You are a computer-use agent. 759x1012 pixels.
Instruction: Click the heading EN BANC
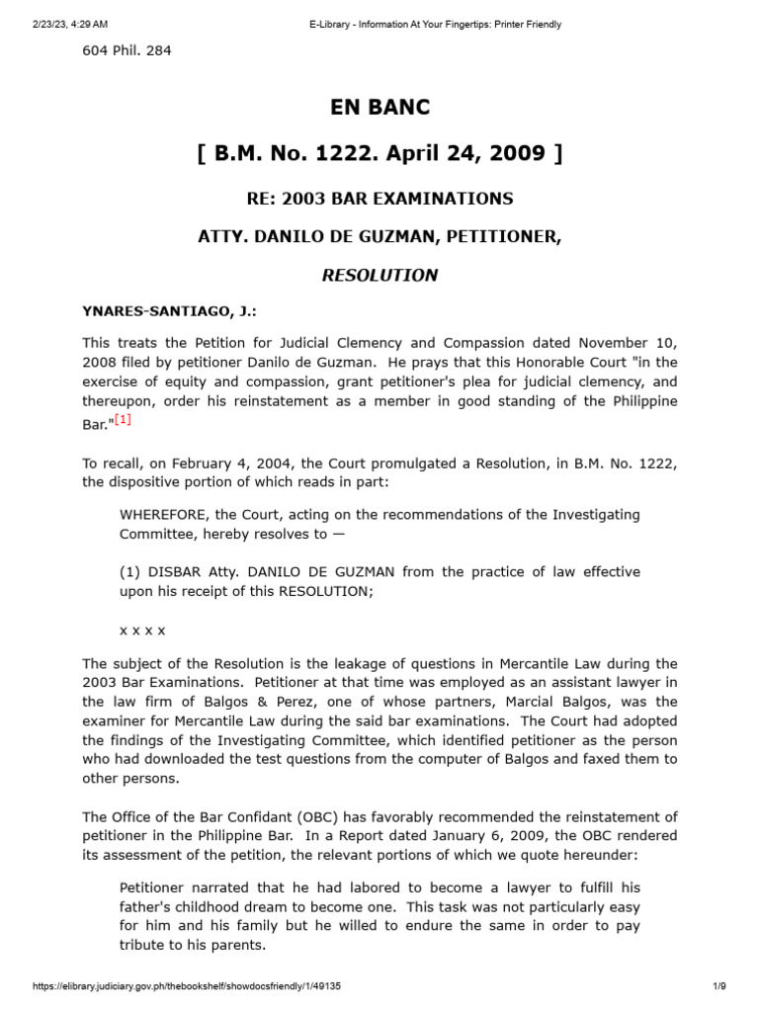379,107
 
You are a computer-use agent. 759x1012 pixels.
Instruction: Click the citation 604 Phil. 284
126,50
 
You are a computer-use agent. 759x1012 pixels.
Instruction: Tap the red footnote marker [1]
123,421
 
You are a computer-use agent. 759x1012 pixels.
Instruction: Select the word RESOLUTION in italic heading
379,275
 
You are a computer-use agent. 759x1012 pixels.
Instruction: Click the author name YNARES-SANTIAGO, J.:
169,311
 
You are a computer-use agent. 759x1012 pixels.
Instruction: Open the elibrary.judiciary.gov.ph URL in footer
188,987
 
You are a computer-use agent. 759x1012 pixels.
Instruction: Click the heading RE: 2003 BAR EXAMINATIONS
379,199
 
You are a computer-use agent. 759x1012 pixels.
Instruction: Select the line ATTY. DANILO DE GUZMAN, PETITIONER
379,237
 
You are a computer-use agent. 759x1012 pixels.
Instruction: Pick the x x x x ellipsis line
142,629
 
